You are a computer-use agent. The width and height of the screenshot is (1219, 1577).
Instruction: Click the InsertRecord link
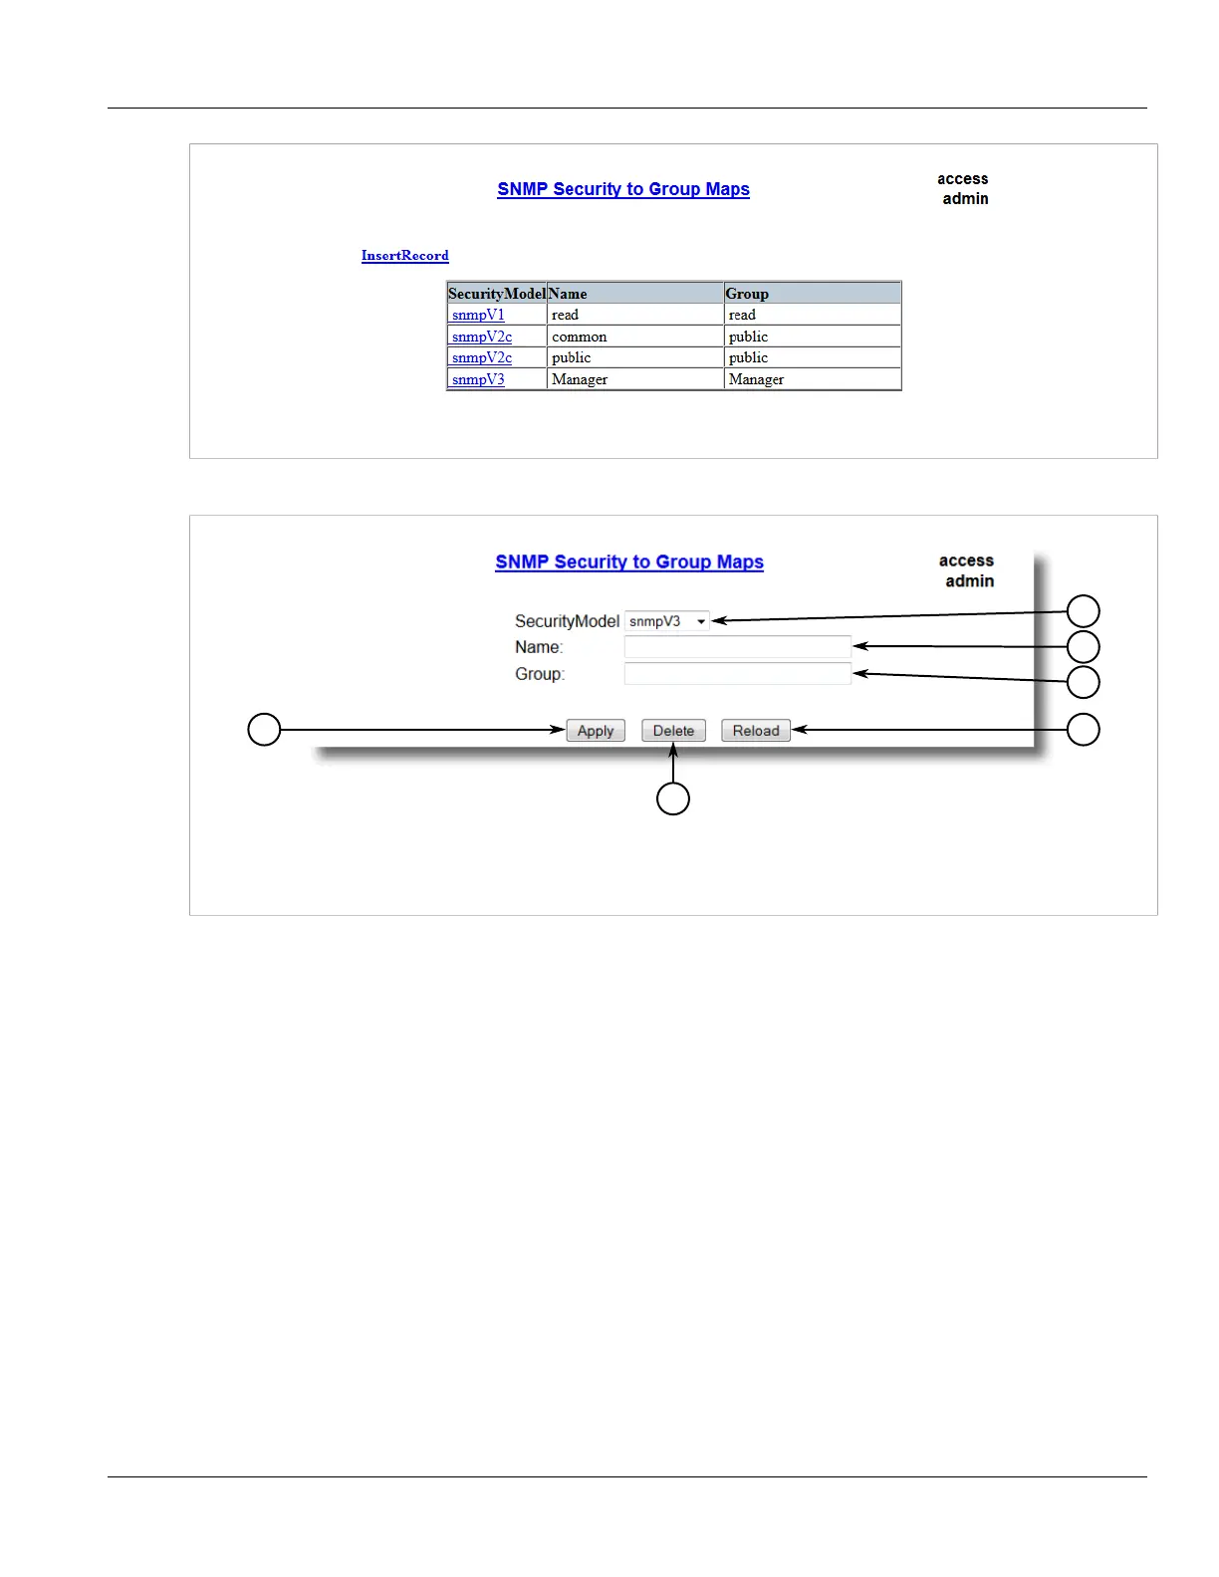pos(404,256)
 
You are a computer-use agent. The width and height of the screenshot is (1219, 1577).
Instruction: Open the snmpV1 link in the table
pos(478,315)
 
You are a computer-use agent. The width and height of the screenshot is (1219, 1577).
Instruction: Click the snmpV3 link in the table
pos(478,379)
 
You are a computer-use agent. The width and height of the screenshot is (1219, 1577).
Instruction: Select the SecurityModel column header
pos(497,294)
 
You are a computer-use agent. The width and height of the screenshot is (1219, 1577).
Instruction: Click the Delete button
pos(673,731)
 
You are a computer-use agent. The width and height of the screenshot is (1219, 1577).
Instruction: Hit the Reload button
pos(756,731)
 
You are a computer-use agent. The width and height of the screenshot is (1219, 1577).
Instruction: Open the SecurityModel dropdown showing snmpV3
pos(667,621)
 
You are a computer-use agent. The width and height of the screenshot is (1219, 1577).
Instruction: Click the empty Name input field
pos(737,647)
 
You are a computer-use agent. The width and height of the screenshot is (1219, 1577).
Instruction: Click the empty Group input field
pos(737,674)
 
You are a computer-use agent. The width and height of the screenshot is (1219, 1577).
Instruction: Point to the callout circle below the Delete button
pos(673,798)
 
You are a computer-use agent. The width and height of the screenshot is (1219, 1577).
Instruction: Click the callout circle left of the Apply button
pos(264,730)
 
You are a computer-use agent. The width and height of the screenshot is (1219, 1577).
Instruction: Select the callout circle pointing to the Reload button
pos(1084,730)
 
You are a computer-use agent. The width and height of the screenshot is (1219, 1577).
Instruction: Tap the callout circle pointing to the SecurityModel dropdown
pos(1084,611)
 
